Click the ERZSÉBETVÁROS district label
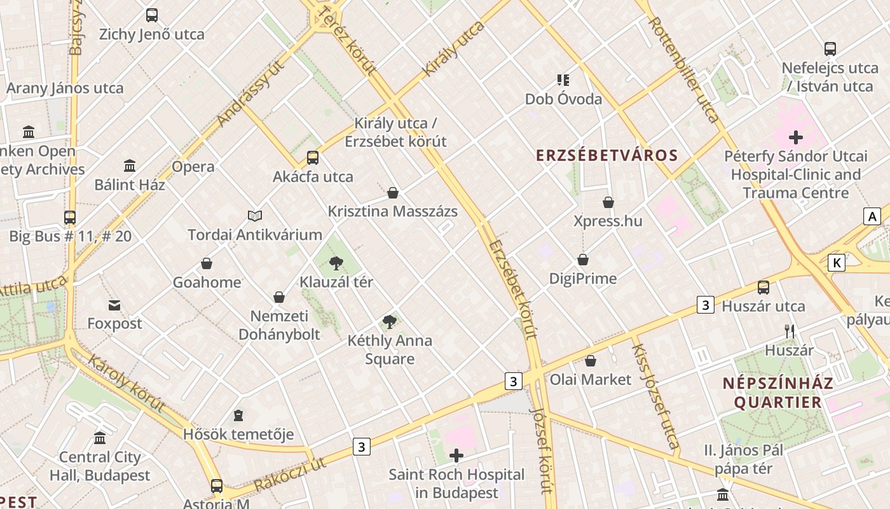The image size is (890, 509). (606, 155)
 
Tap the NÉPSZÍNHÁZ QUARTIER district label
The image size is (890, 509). (777, 393)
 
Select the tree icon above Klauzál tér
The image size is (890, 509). (336, 263)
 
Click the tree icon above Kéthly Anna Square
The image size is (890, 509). (390, 322)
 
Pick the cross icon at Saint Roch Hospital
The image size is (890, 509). (456, 456)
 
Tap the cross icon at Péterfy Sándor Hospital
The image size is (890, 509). (795, 137)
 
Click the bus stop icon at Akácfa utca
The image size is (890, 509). (312, 158)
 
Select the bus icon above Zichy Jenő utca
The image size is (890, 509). (151, 15)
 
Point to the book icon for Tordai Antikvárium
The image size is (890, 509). (255, 216)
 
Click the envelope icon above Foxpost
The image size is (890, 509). (114, 305)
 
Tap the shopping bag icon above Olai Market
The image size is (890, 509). (591, 361)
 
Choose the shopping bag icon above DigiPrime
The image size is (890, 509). (583, 260)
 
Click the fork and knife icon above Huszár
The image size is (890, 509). (789, 331)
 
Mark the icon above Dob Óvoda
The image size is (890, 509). (563, 80)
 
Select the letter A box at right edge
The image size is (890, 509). (872, 216)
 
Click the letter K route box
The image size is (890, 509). (837, 262)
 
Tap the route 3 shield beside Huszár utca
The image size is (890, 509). (704, 305)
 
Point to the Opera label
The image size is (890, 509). (193, 167)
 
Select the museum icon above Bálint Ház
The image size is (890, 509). (130, 166)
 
